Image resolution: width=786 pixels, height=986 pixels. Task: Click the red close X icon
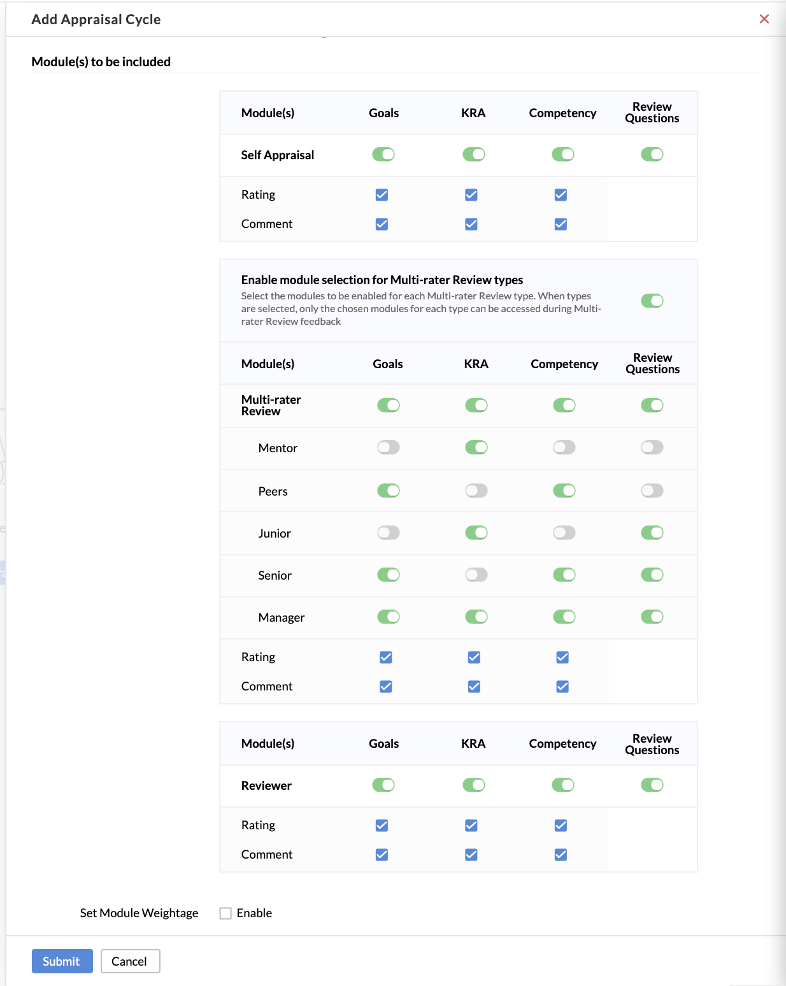coord(764,19)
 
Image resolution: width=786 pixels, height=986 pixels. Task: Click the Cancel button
coord(130,961)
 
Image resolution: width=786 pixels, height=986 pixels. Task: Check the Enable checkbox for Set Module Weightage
coord(225,913)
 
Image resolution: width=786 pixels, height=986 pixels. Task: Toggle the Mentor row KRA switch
coord(476,448)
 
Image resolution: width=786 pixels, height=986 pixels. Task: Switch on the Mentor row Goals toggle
coord(388,448)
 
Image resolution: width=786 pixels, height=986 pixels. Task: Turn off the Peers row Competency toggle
coord(564,490)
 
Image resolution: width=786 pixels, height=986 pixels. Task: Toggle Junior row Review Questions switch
coord(652,532)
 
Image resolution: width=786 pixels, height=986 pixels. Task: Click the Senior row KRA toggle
coord(476,575)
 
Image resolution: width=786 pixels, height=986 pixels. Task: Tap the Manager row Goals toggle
coord(388,617)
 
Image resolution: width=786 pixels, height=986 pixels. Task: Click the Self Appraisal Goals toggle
coord(383,155)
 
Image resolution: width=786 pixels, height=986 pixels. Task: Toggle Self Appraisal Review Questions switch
coord(652,155)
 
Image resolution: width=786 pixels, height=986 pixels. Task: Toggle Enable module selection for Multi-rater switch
coord(652,301)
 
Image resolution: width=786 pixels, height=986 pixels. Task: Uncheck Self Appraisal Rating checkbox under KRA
coord(471,195)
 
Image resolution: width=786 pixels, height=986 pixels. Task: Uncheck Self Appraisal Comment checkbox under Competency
coord(561,224)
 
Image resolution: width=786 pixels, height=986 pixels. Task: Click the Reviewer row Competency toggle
coord(562,785)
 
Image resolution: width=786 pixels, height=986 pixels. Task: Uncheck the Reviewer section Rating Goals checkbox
coord(382,825)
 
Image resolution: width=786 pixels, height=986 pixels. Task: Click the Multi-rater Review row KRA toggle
coord(476,405)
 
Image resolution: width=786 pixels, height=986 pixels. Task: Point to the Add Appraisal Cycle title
coord(96,20)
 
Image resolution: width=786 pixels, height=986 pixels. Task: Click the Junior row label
coord(275,534)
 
